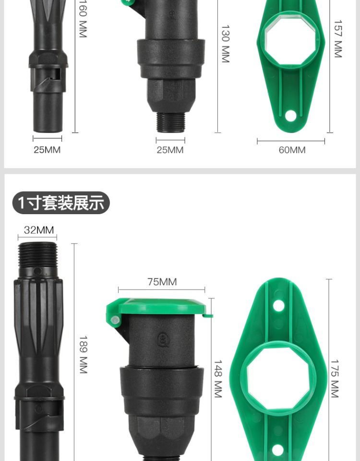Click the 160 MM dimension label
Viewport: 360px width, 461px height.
tap(83, 19)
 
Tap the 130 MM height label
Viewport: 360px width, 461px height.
tap(225, 44)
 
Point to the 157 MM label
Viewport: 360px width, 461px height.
tap(338, 39)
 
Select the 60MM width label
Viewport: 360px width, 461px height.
tap(292, 150)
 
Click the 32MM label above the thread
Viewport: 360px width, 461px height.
tap(39, 230)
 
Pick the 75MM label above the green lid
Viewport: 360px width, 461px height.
tap(162, 282)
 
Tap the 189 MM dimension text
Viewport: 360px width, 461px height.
tap(84, 354)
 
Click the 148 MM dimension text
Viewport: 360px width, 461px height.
tap(218, 379)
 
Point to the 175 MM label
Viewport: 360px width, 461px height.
tap(335, 379)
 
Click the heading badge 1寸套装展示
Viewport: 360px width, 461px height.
tap(61, 203)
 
